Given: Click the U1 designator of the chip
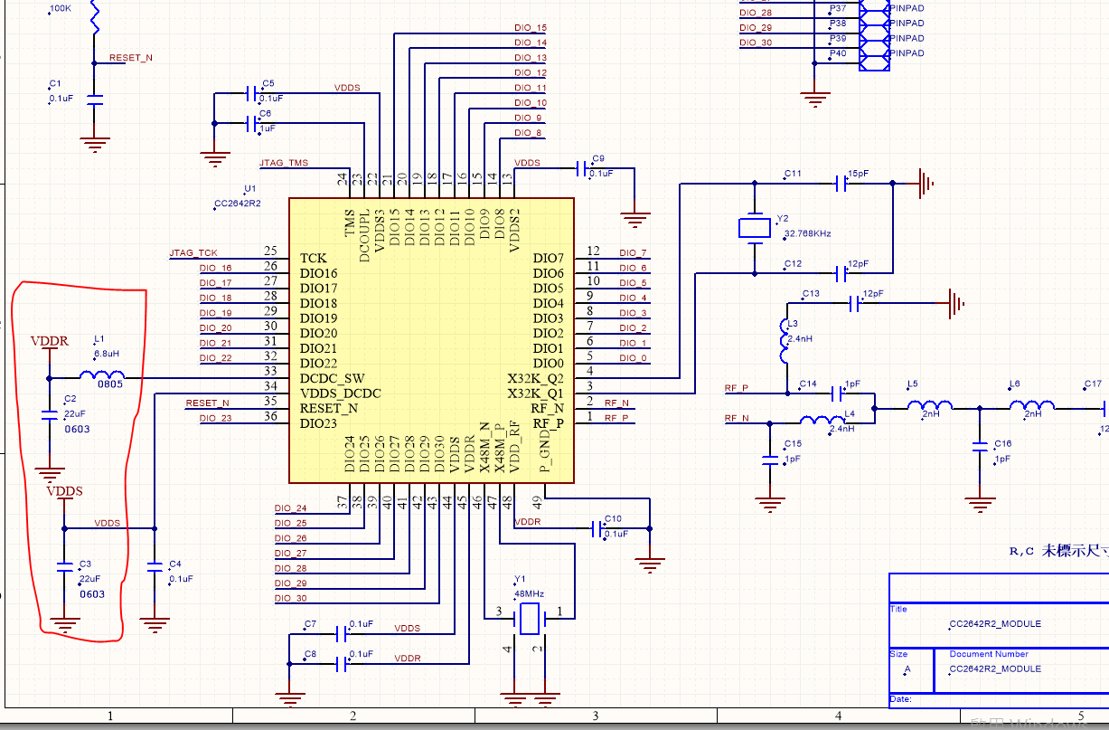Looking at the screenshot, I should [250, 189].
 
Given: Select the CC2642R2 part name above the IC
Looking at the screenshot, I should [238, 204].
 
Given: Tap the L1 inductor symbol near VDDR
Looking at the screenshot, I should [101, 377].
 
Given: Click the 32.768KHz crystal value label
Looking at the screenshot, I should [807, 233].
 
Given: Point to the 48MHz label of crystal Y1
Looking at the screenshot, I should [529, 593].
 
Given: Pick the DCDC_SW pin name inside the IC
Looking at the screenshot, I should [334, 378].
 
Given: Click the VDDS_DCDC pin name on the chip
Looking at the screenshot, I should [340, 393].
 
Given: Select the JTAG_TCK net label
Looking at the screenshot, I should [193, 252].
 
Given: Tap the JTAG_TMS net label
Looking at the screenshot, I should [284, 164].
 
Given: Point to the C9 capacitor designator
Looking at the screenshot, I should [597, 157].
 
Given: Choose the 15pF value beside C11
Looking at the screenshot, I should [858, 173].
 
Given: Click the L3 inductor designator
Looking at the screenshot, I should [793, 323].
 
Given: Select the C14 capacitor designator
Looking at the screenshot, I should [807, 384].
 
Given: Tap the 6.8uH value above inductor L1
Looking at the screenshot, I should [107, 353].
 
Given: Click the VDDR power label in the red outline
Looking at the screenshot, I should [49, 342].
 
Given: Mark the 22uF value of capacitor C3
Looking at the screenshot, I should [90, 578].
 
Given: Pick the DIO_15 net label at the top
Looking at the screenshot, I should [530, 28].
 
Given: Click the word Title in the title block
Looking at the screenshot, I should [898, 609].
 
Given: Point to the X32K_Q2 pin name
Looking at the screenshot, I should [535, 378].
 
